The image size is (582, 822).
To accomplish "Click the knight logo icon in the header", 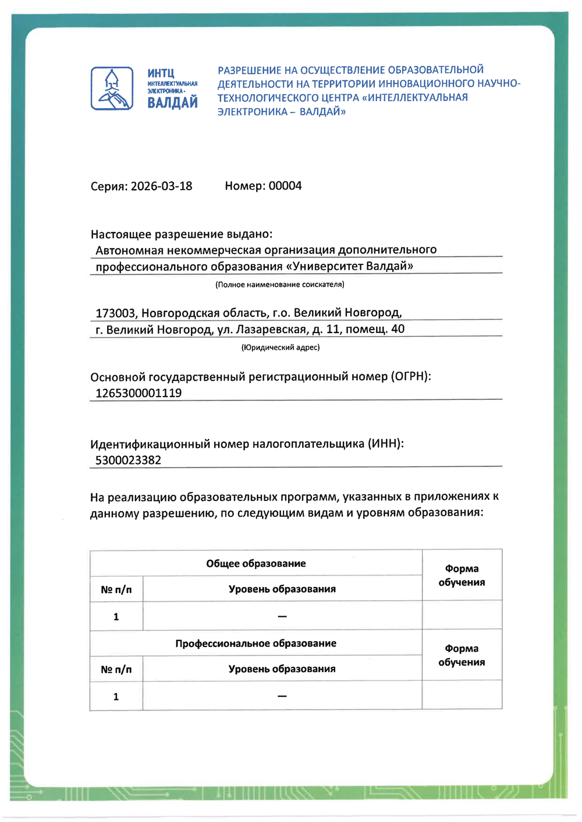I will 112,89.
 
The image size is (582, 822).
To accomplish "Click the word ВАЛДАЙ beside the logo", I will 172,103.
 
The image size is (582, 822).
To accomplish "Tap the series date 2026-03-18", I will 161,187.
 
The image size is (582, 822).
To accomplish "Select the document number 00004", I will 285,186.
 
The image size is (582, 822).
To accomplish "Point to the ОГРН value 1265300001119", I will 139,394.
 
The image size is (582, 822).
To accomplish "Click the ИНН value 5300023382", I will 128,460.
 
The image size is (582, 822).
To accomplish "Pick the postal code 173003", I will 115,313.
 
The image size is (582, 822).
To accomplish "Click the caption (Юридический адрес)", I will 281,348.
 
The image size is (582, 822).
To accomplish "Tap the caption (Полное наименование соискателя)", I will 279,285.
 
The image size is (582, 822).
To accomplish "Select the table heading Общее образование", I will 255,564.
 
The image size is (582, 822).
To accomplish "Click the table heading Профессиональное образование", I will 255,644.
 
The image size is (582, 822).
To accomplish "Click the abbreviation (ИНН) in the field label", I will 385,444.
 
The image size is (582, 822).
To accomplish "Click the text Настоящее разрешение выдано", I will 181,234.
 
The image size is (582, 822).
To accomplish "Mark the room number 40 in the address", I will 398,329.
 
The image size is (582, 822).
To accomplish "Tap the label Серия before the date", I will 109,187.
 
